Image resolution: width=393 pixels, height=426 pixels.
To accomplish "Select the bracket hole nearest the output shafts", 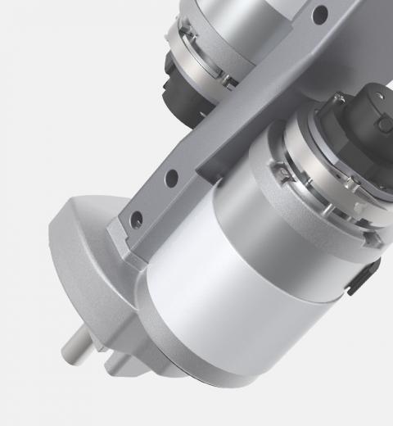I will [x=137, y=219].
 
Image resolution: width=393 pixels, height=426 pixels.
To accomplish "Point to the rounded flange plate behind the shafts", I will [x=82, y=262].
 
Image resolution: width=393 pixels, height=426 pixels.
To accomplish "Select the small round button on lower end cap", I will [x=383, y=123].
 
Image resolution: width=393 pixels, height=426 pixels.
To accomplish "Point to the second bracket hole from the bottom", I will [x=171, y=177].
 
